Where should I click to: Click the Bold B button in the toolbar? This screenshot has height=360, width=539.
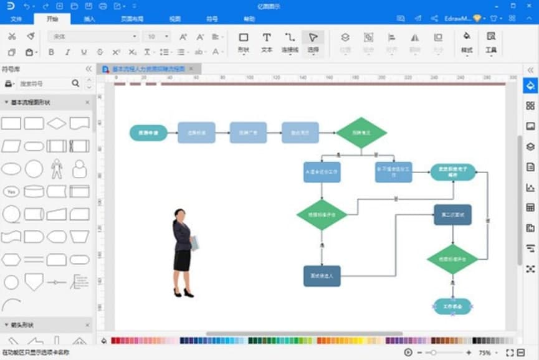pyautogui.click(x=52, y=52)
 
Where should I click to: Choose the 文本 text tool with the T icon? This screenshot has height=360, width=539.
pyautogui.click(x=267, y=41)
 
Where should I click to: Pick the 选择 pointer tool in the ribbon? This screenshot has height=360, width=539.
pyautogui.click(x=313, y=41)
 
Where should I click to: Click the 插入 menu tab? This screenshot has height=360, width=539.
pyautogui.click(x=90, y=19)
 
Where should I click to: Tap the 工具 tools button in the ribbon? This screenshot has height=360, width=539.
pyautogui.click(x=491, y=41)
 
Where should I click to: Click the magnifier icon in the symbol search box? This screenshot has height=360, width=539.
pyautogui.click(x=75, y=83)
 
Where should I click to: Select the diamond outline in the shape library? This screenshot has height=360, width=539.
pyautogui.click(x=57, y=123)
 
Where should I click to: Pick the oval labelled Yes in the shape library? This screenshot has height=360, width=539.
pyautogui.click(x=11, y=192)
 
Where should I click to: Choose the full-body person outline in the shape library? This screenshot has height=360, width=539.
pyautogui.click(x=57, y=168)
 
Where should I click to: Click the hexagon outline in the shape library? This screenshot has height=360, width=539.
pyautogui.click(x=11, y=259)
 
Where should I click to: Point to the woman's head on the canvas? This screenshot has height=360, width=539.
pyautogui.click(x=179, y=214)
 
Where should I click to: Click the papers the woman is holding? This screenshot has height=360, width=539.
pyautogui.click(x=194, y=242)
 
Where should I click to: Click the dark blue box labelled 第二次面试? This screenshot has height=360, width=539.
pyautogui.click(x=453, y=215)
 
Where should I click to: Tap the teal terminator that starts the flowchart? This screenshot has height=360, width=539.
pyautogui.click(x=148, y=133)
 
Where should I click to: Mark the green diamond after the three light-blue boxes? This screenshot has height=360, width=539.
pyautogui.click(x=361, y=133)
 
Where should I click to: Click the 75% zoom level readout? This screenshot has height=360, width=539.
pyautogui.click(x=485, y=353)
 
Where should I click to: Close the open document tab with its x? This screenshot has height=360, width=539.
pyautogui.click(x=191, y=69)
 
